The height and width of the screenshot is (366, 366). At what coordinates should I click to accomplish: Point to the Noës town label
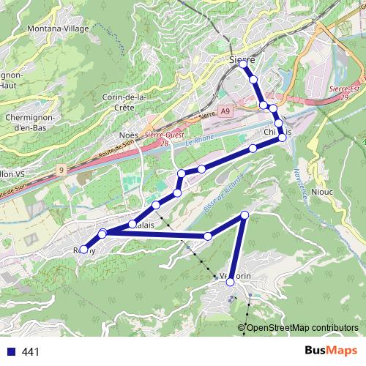click(128, 135)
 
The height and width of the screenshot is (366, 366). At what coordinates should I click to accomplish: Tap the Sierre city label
click(242, 59)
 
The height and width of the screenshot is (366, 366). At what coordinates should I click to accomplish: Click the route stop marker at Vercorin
click(231, 282)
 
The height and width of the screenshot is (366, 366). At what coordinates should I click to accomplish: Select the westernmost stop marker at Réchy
click(83, 250)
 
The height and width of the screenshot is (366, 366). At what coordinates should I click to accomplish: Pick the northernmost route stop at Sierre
click(243, 65)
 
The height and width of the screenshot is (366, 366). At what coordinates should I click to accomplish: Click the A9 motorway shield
click(224, 111)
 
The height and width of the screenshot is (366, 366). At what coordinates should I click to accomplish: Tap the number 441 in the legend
click(31, 351)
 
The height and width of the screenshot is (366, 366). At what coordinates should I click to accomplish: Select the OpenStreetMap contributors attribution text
click(302, 327)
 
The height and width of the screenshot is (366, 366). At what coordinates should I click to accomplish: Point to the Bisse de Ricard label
click(223, 193)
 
